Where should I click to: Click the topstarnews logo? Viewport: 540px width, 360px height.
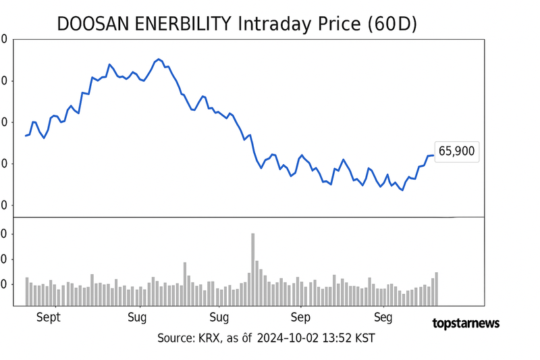(x=466, y=323)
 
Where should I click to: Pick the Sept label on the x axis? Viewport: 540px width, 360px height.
(x=48, y=317)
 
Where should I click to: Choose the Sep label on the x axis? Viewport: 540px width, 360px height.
(x=300, y=317)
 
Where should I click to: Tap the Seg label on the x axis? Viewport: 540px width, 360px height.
(x=383, y=317)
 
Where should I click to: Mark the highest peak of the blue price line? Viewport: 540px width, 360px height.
(x=159, y=59)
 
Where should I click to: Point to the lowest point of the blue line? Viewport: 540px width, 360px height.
(x=403, y=190)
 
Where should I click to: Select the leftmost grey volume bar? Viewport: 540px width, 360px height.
(x=27, y=291)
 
